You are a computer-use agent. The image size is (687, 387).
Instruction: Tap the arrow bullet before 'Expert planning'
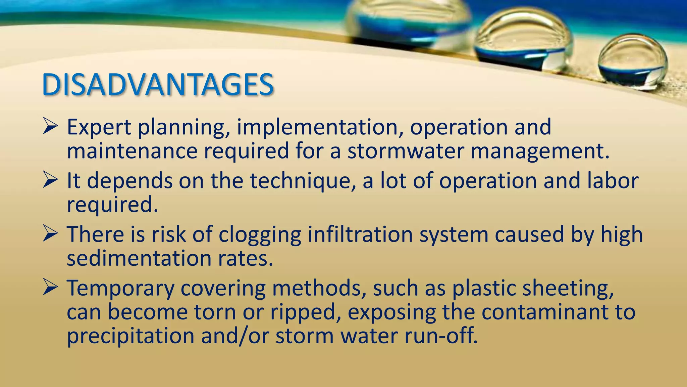[51, 127]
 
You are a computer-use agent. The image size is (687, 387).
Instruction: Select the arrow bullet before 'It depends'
[51, 181]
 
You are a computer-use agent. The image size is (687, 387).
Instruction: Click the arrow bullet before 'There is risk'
[51, 234]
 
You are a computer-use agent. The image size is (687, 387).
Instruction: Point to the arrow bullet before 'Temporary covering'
[51, 288]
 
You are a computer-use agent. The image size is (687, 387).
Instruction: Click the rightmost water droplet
[633, 62]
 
